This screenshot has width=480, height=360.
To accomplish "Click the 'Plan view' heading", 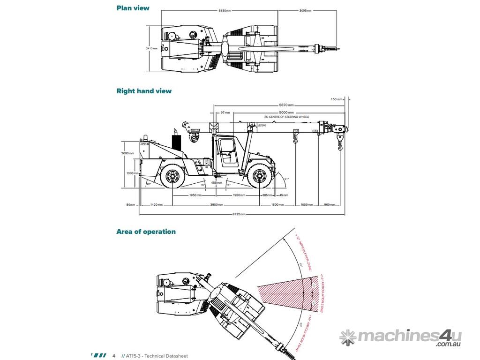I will click(133, 8).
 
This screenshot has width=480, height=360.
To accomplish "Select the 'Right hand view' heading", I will click(144, 91).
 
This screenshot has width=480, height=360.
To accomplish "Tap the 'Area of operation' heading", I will click(146, 232).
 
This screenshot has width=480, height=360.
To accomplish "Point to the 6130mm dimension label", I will click(225, 10).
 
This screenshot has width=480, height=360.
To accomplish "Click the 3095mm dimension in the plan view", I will click(305, 10).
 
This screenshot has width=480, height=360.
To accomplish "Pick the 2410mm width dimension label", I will click(151, 48).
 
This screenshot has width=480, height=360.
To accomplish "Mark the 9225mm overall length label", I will click(239, 214).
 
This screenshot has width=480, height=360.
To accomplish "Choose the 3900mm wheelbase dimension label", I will click(216, 204).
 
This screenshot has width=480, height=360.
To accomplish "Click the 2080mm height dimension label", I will click(127, 153).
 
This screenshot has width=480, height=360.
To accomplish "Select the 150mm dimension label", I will click(334, 99).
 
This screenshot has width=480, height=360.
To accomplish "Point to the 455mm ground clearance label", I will click(216, 182).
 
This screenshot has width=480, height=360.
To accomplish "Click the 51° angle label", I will click(287, 179).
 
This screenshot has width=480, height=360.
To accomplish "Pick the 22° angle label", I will click(148, 184).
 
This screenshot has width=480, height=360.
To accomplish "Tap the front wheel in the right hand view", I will click(259, 176).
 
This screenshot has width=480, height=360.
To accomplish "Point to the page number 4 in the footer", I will click(113, 356).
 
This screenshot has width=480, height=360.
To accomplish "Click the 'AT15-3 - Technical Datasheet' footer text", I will click(157, 356).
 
